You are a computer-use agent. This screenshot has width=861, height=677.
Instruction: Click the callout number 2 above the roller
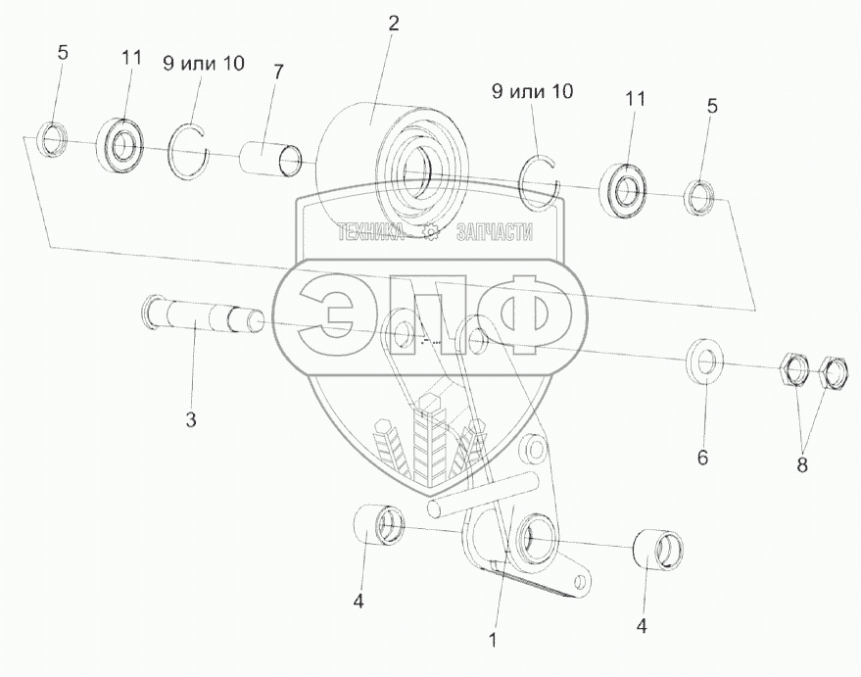[393, 24]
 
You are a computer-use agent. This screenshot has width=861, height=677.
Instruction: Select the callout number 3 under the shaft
[191, 420]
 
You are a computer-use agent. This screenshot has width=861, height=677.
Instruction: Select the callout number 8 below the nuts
[801, 465]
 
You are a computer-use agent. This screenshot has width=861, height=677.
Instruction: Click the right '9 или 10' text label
[532, 92]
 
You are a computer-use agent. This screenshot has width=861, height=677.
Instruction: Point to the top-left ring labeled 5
[52, 138]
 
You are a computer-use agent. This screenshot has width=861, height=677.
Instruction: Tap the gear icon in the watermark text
[430, 232]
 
